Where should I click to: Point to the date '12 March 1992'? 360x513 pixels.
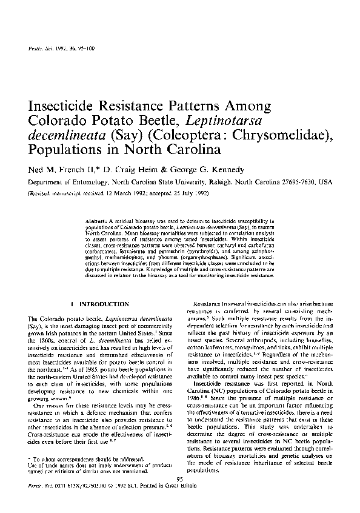[x=124, y=193]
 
